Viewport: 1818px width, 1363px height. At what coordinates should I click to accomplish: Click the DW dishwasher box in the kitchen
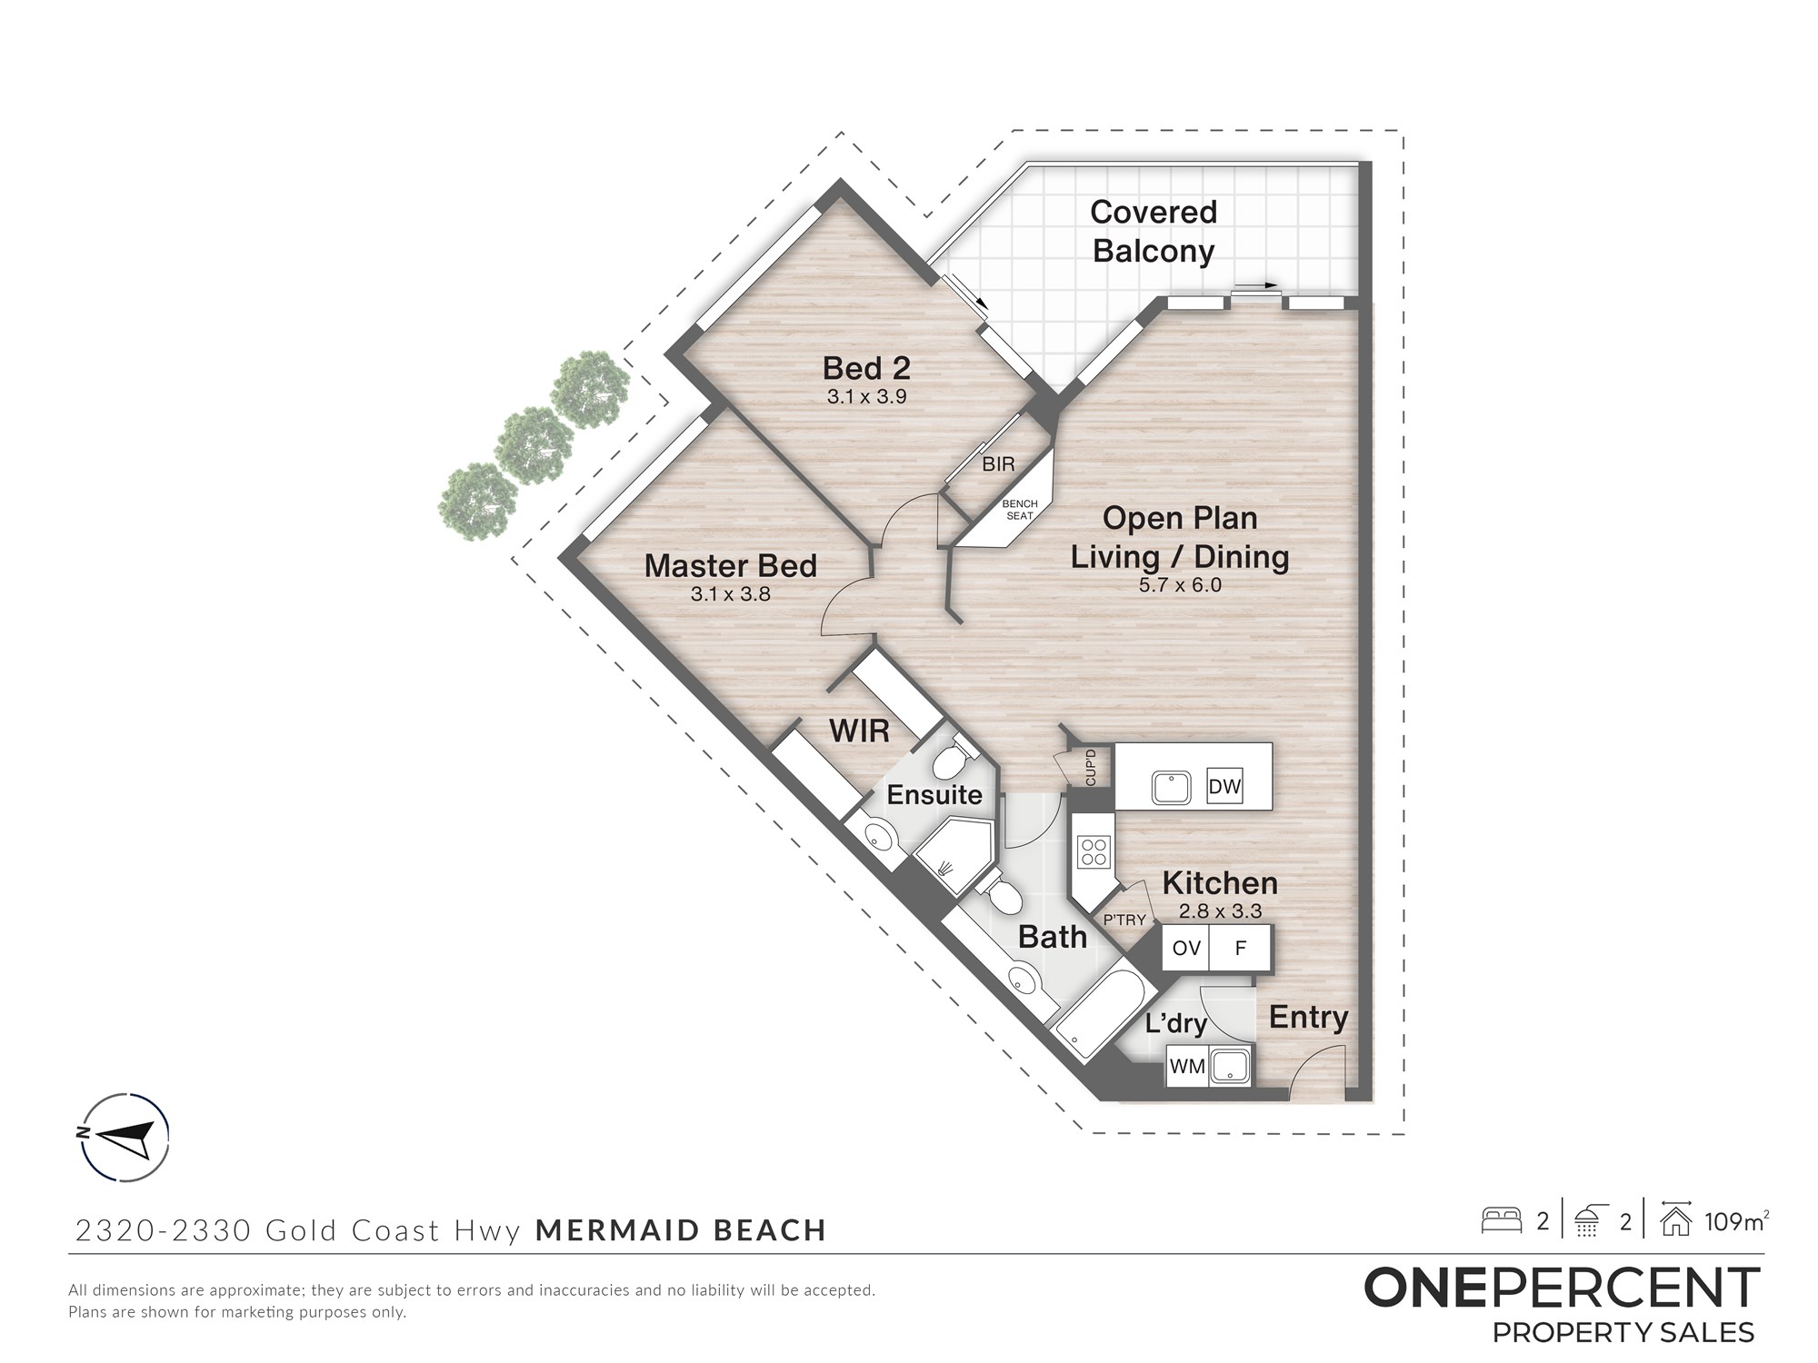[1224, 786]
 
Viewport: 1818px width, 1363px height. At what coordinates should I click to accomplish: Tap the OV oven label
[1186, 949]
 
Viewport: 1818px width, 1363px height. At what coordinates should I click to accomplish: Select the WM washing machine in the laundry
[1187, 1066]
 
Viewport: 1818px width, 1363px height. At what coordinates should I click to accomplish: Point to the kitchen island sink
[1172, 788]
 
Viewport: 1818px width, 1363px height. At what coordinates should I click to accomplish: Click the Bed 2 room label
[866, 368]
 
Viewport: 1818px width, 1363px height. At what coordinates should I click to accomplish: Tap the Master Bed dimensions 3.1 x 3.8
[730, 594]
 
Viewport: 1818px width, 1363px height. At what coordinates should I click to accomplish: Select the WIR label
[859, 731]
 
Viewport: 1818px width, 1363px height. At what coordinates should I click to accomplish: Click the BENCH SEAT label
[1020, 510]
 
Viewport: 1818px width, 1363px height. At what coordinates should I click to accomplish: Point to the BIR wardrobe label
[998, 464]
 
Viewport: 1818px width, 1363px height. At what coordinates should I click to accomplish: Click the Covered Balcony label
[1154, 231]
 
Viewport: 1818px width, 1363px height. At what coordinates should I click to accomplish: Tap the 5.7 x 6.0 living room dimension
[1180, 585]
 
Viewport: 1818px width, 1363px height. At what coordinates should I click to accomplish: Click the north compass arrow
[124, 1136]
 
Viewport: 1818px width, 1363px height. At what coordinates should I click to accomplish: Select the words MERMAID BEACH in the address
[681, 1230]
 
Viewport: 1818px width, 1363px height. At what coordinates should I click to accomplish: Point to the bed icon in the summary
[1502, 1219]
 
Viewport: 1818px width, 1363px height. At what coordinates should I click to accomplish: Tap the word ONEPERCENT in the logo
[1562, 1288]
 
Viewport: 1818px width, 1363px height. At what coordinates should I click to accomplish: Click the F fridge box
[1240, 949]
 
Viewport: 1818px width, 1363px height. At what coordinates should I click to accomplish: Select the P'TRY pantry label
[1124, 920]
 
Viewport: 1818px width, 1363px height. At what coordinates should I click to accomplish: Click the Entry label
[1308, 1018]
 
